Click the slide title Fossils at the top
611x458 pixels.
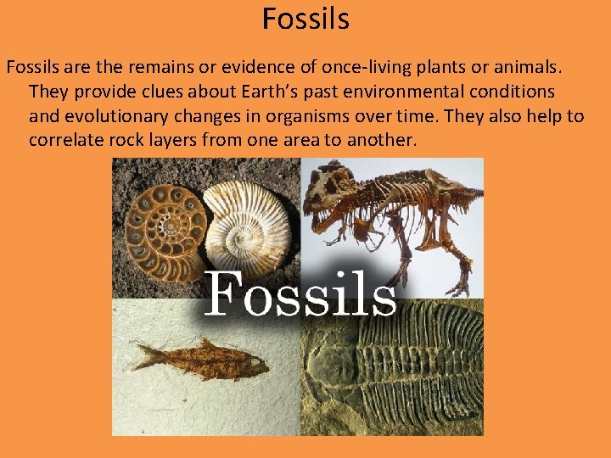(305, 18)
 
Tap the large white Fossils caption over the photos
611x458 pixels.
(300, 293)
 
